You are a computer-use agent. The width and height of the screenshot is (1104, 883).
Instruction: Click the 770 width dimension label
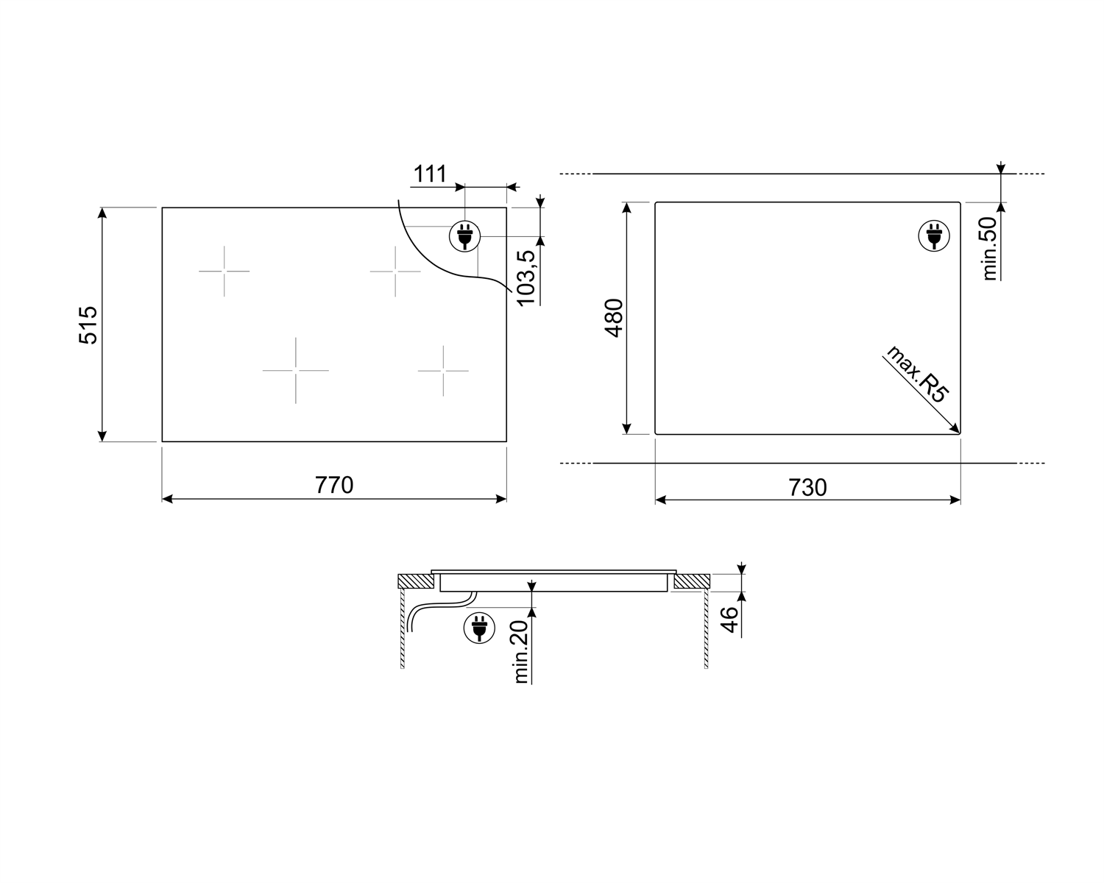click(334, 485)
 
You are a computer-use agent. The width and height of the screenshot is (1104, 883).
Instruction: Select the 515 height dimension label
click(88, 325)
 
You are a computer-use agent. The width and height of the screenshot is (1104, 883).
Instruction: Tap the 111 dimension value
click(430, 174)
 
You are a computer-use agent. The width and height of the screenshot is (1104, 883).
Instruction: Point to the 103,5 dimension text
click(526, 279)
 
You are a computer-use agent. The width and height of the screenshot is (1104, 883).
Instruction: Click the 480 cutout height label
click(614, 318)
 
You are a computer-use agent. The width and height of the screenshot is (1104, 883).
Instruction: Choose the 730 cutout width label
click(807, 487)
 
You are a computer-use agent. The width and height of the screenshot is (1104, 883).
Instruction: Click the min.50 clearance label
click(988, 248)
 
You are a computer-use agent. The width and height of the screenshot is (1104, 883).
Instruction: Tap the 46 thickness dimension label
click(729, 620)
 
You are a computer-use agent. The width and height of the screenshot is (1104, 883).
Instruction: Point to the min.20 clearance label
click(520, 652)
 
